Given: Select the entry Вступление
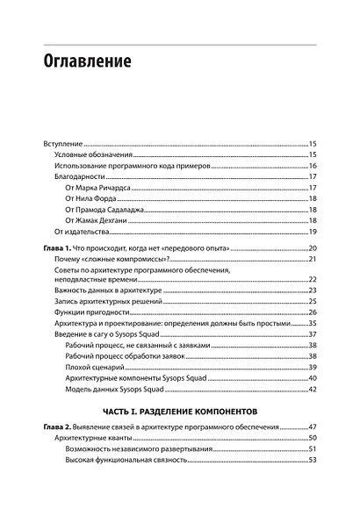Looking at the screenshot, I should coord(63,142).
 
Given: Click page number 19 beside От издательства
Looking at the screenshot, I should coord(312,233).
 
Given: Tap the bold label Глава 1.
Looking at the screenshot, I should coord(59,250).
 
